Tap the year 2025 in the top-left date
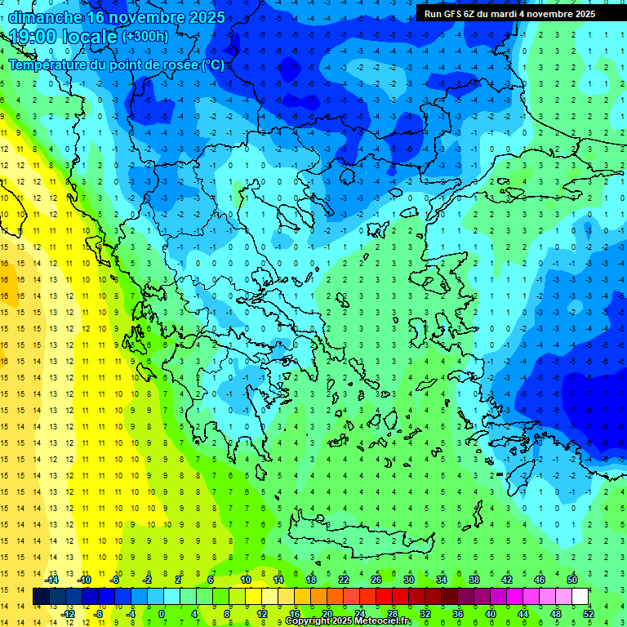(x=203, y=17)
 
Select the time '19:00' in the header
(x=35, y=37)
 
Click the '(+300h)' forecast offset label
(x=145, y=37)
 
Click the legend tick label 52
(x=589, y=613)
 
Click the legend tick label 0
(x=162, y=613)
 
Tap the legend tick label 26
(x=376, y=579)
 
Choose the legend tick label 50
(x=572, y=579)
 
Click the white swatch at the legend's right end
(x=580, y=596)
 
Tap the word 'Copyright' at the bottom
(x=308, y=621)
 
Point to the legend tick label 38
(x=474, y=579)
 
